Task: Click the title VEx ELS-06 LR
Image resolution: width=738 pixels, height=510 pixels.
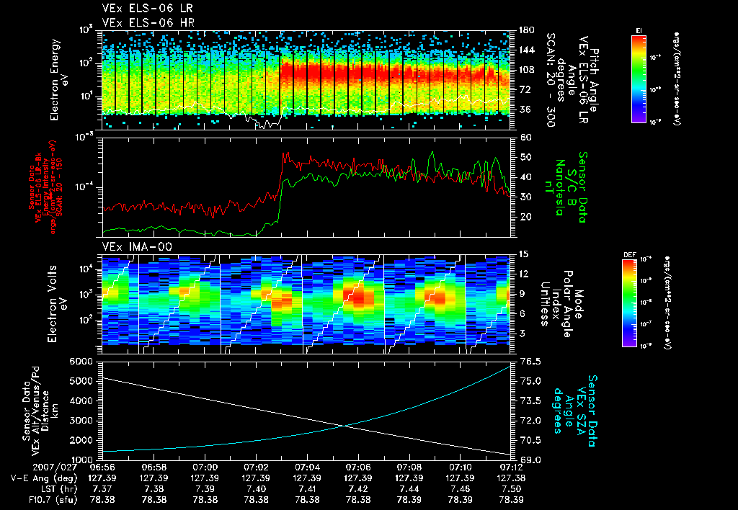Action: [141, 8]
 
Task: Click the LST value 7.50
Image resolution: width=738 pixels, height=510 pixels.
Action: [511, 488]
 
